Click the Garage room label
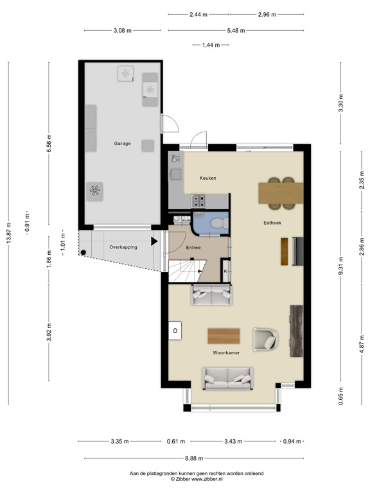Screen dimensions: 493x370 coord(122,144)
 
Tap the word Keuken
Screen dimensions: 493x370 coord(208,178)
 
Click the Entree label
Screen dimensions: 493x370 coord(193,247)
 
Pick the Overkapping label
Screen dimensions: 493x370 coord(123,246)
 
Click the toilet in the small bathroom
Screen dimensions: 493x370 coord(217,223)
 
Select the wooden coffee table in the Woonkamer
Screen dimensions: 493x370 coord(224,336)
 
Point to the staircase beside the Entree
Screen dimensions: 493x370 coord(186,270)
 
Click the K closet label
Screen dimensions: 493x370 coord(226,271)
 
